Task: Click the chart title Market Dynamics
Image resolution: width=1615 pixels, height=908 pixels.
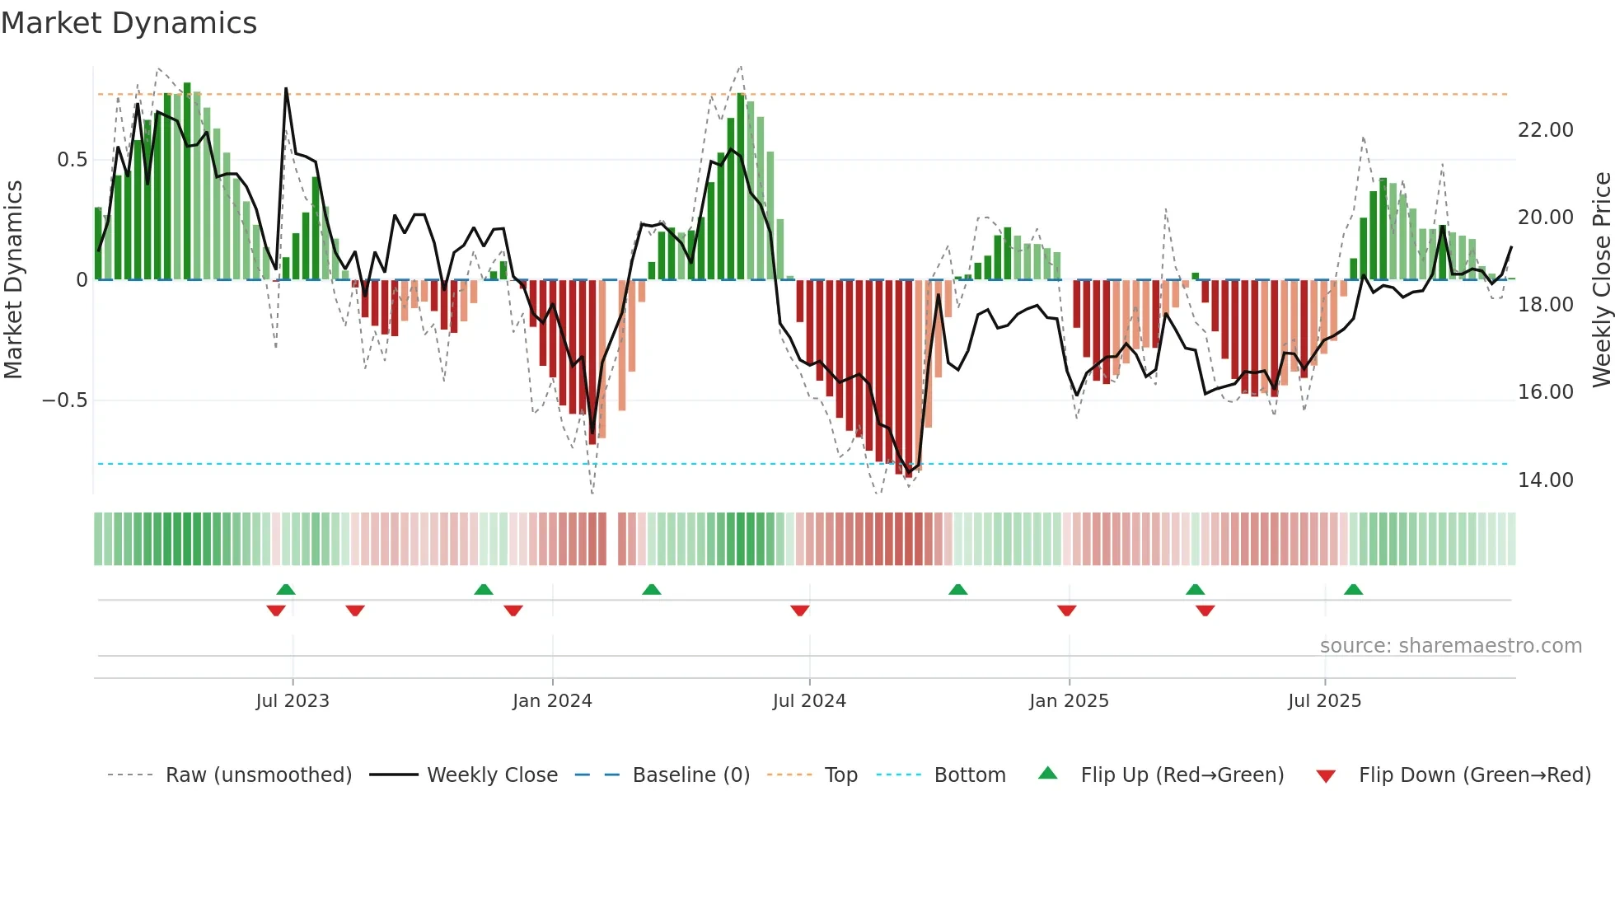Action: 129,23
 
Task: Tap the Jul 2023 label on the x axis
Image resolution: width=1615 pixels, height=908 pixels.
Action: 293,701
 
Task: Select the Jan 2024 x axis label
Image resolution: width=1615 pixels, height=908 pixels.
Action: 552,701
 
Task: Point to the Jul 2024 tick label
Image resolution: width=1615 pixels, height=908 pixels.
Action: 809,701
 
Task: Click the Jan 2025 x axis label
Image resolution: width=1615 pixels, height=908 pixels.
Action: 1069,701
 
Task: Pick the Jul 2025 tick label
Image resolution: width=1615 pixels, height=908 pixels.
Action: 1324,701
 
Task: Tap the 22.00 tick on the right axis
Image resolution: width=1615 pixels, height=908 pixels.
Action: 1545,130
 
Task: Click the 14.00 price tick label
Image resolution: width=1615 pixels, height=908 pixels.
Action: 1545,480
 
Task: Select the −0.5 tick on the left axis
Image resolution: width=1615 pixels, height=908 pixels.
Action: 64,400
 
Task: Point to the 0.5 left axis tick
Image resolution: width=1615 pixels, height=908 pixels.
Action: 72,160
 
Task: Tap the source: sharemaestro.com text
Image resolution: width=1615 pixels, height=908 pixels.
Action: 1450,646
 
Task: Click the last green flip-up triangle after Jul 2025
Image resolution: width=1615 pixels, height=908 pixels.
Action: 1353,589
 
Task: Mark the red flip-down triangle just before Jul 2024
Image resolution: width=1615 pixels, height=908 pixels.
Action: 799,611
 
